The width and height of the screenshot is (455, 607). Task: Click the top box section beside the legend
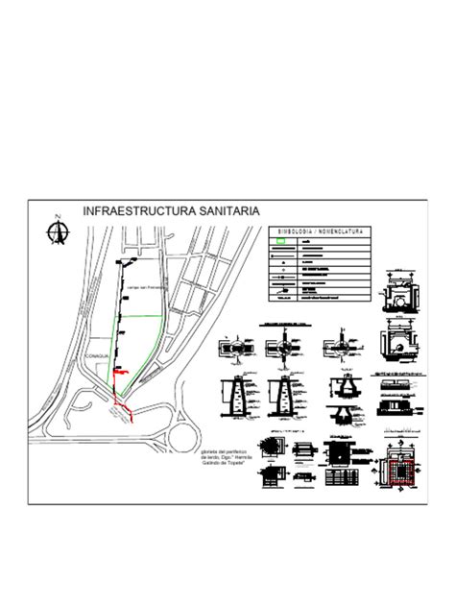click(x=395, y=291)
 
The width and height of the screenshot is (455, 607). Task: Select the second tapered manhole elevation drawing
click(x=286, y=395)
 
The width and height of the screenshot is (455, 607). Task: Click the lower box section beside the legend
click(x=395, y=343)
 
